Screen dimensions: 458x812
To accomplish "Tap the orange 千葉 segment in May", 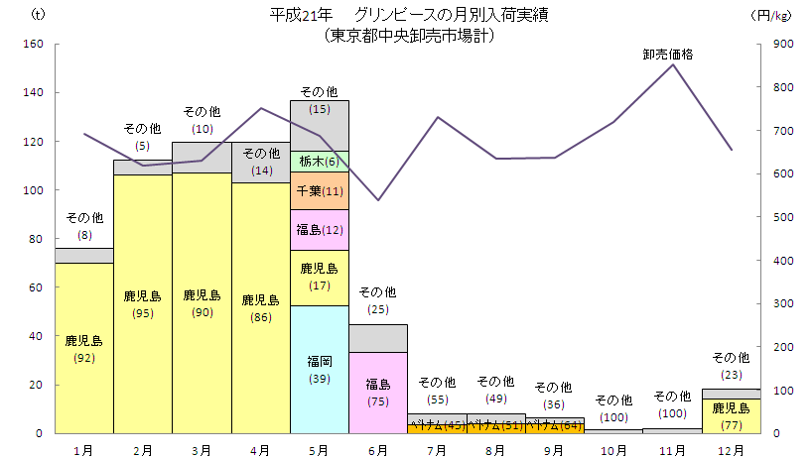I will (x=319, y=190).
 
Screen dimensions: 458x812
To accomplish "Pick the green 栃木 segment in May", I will (x=319, y=162).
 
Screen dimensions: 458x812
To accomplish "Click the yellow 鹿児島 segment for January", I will (x=84, y=348).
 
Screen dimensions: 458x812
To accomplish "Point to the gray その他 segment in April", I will (x=260, y=163).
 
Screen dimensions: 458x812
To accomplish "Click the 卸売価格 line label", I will (x=667, y=55).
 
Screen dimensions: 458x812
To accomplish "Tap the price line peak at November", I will (x=673, y=64).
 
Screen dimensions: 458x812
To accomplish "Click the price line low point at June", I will (x=378, y=200).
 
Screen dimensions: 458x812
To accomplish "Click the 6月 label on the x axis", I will (x=378, y=450).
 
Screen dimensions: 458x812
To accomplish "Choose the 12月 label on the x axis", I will (x=731, y=450).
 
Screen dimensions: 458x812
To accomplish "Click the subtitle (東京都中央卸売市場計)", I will (x=409, y=36).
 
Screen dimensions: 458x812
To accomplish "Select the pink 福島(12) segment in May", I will (x=319, y=230).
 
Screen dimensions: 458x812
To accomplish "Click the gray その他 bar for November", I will (x=673, y=430).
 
